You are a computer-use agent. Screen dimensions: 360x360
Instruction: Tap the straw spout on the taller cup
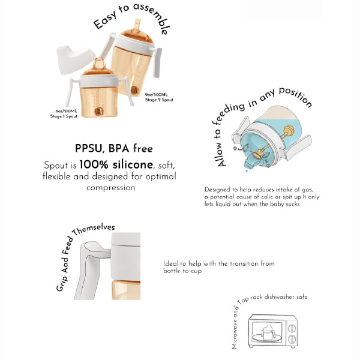(x=137, y=25)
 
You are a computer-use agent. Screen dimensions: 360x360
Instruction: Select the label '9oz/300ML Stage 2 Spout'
(x=159, y=97)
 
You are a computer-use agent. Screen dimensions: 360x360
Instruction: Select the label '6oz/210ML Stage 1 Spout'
(x=64, y=113)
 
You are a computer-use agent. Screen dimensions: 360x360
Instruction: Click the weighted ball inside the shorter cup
(x=99, y=112)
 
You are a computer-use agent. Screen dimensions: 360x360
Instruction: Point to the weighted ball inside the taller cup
(x=134, y=89)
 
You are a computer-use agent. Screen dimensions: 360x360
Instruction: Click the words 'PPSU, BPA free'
(x=114, y=148)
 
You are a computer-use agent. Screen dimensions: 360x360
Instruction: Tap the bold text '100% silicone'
(x=116, y=164)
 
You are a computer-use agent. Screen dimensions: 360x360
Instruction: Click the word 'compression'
(x=110, y=188)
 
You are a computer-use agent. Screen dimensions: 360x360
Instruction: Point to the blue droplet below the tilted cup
(x=247, y=170)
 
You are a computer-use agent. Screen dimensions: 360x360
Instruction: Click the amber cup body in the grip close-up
(x=126, y=290)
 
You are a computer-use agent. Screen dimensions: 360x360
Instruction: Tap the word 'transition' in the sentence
(x=244, y=263)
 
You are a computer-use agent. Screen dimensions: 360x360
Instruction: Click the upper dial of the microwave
(x=292, y=329)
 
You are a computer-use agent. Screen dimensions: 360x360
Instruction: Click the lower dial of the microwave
(x=292, y=339)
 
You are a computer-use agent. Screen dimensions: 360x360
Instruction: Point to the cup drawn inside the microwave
(x=267, y=332)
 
